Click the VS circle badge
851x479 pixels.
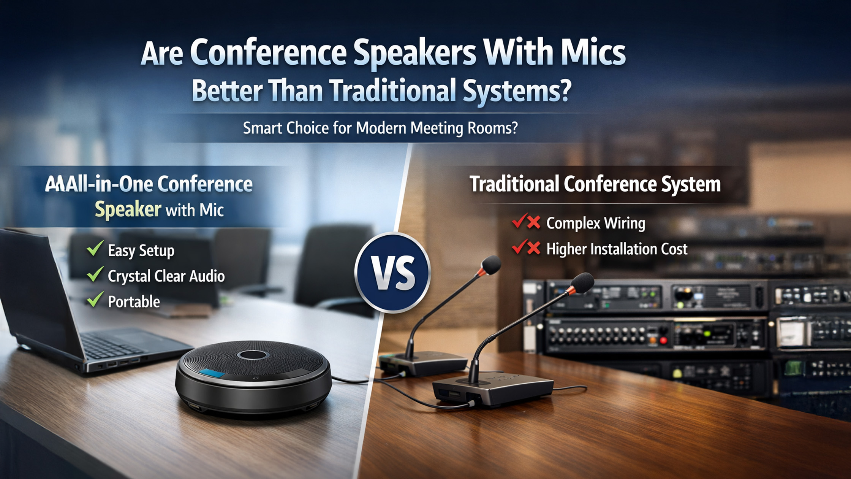[392, 273]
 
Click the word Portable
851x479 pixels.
[134, 302]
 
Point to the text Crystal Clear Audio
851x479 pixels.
[166, 276]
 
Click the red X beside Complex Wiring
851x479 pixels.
[533, 222]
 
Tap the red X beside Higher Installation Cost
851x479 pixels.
[533, 249]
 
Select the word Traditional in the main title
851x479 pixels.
[391, 90]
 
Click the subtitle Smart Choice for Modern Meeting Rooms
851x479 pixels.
[380, 128]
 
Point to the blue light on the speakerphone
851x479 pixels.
[213, 373]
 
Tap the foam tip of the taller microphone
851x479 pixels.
[491, 265]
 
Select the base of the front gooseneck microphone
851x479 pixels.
[493, 391]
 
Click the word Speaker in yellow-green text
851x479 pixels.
[128, 209]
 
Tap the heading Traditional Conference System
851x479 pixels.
[595, 184]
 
